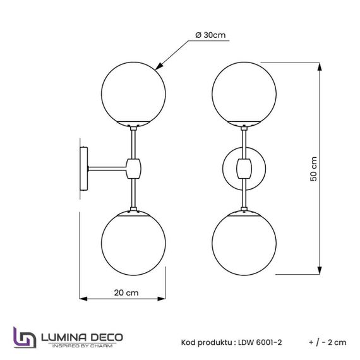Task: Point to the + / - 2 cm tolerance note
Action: click(x=328, y=342)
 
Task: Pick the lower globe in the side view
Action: click(x=134, y=241)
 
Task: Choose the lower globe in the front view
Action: click(x=243, y=241)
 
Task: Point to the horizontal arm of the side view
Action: click(x=107, y=167)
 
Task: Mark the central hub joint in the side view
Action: click(x=134, y=167)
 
